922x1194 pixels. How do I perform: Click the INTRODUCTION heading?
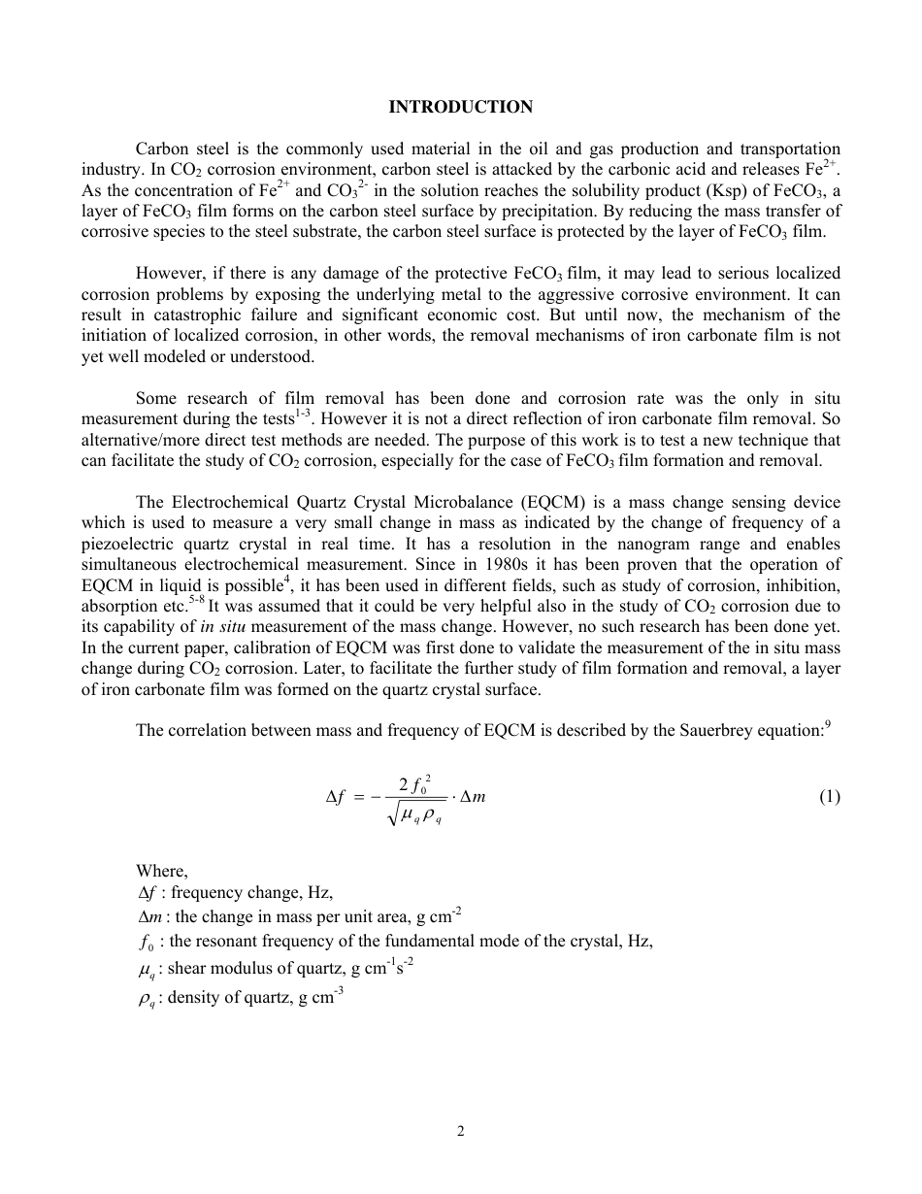pos(460,107)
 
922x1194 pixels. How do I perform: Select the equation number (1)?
pos(829,797)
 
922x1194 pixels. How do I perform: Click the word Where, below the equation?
pos(162,872)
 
